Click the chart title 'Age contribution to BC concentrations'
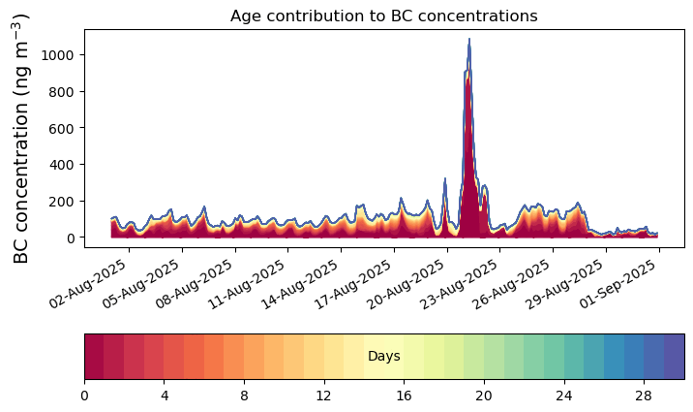point(383,16)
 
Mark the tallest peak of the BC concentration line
point(469,40)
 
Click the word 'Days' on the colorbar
point(384,357)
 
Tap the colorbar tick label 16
point(404,396)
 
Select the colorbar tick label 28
point(644,396)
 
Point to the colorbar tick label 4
point(165,396)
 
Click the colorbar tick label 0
point(84,396)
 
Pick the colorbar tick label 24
point(563,396)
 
